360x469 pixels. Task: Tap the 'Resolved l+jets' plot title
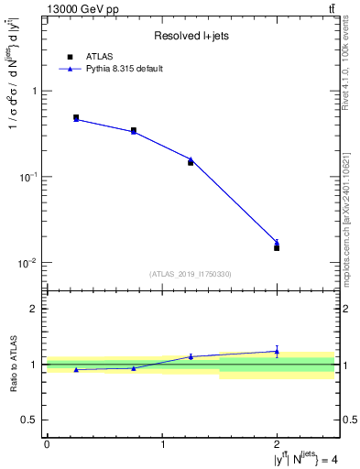[190, 36]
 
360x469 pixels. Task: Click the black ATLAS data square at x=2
[277, 247]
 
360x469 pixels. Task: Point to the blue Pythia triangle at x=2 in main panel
[277, 242]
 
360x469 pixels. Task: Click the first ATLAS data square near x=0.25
[76, 117]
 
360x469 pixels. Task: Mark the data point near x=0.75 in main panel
[134, 130]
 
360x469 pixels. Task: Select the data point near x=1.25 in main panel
[191, 162]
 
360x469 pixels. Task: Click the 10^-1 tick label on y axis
[28, 177]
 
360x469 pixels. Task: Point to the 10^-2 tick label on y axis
[28, 263]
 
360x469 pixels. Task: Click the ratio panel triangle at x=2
[277, 351]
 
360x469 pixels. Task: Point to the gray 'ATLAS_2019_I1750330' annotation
[190, 274]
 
